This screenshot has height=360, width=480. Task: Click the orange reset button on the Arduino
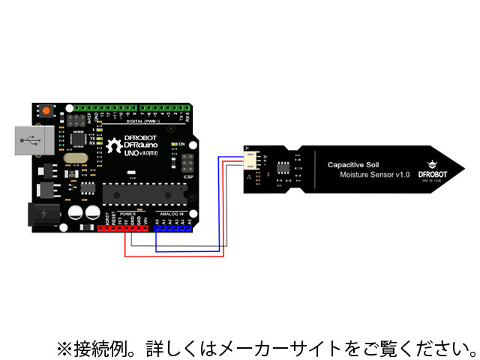46,110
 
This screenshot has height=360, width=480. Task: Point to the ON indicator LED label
181,143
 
